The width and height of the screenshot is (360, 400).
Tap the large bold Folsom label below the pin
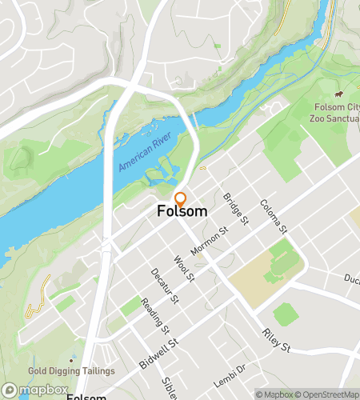click(182, 212)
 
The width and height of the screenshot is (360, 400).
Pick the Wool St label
click(184, 269)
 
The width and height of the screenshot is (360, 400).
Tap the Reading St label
click(154, 315)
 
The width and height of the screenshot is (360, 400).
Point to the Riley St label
click(274, 338)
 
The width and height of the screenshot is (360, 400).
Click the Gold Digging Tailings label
click(71, 371)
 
